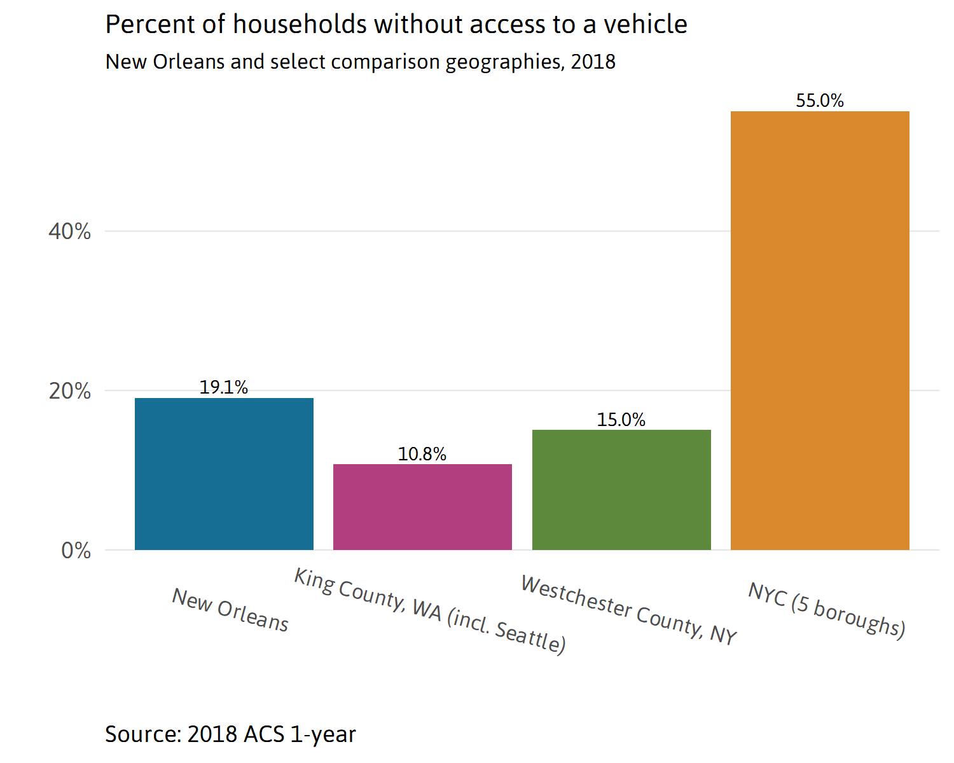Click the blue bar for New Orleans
click(224, 474)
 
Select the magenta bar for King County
click(422, 507)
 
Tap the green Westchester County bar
click(621, 490)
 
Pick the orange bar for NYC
click(820, 331)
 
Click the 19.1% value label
click(224, 387)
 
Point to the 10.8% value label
click(422, 454)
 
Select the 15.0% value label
click(621, 420)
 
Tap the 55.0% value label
click(820, 100)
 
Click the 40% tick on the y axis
click(70, 231)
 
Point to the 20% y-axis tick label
click(70, 391)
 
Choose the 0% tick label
click(76, 551)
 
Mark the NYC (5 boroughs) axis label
click(827, 609)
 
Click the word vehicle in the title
click(646, 25)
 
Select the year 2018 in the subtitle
click(593, 62)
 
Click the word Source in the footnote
click(142, 734)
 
